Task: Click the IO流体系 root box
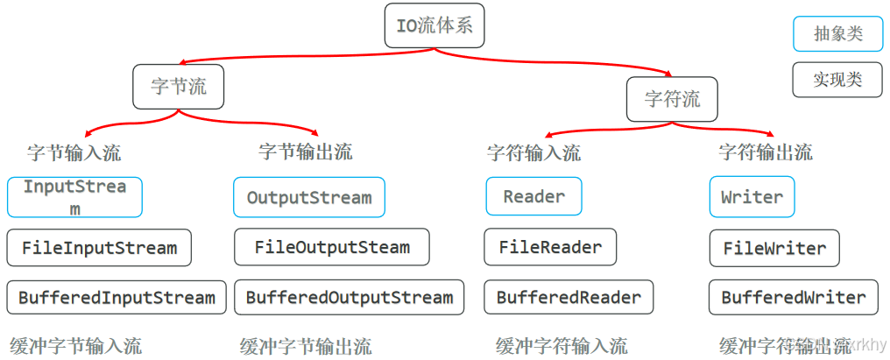click(x=434, y=25)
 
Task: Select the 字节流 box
click(x=179, y=87)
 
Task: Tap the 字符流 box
click(x=672, y=99)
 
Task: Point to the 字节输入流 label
click(x=74, y=152)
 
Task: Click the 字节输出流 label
click(x=306, y=151)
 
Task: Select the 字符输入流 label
click(x=533, y=152)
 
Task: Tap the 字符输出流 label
click(x=766, y=152)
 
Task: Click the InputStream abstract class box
click(x=74, y=197)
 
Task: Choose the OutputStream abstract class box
click(x=308, y=197)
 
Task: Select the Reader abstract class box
click(x=533, y=196)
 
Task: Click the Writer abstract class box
click(x=752, y=196)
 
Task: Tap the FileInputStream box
click(x=99, y=248)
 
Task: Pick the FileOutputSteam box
click(x=331, y=247)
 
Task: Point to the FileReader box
click(x=550, y=247)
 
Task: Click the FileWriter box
click(x=774, y=248)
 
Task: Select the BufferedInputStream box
click(x=117, y=297)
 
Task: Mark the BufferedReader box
click(x=569, y=297)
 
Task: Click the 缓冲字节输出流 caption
click(x=306, y=346)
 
